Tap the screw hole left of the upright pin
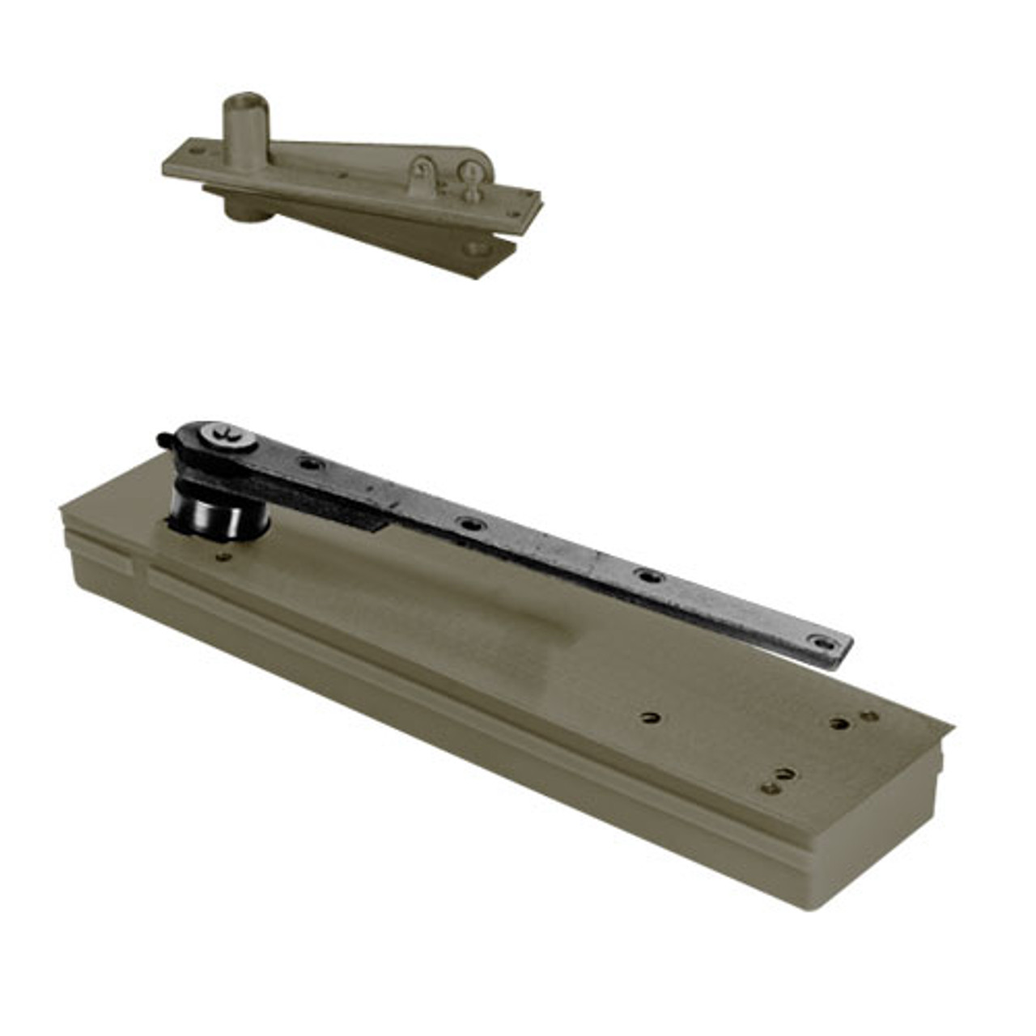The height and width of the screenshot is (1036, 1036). tap(195, 151)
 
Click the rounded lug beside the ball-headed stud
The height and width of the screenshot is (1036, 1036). tap(422, 174)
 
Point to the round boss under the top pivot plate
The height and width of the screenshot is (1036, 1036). tap(240, 208)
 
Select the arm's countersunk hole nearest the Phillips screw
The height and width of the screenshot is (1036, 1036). tap(309, 464)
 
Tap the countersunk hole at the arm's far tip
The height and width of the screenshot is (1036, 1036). tap(823, 642)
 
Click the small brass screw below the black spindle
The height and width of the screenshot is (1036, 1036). tap(224, 556)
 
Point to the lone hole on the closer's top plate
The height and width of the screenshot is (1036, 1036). tap(649, 716)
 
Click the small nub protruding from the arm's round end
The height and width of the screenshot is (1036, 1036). tap(162, 440)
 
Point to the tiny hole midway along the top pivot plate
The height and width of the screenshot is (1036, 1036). tap(344, 173)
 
